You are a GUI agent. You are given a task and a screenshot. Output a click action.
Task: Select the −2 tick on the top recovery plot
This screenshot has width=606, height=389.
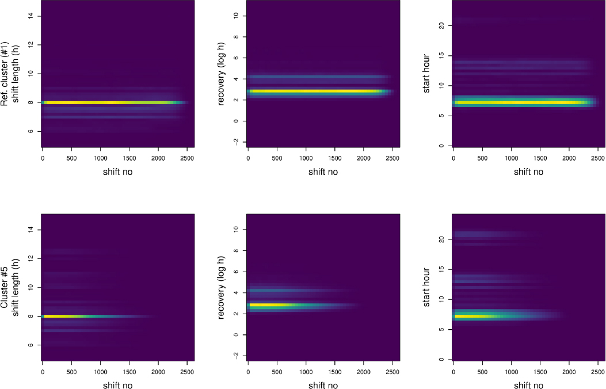tap(237, 141)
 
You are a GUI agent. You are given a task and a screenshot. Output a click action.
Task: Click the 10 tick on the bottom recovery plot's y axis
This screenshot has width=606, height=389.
tap(237, 230)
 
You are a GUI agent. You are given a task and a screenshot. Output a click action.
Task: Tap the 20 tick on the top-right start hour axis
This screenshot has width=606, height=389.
tap(443, 25)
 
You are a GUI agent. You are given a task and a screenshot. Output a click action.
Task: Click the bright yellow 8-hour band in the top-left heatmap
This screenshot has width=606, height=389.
tap(104, 102)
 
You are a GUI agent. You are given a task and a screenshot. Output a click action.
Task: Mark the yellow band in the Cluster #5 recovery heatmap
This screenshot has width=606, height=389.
tap(270, 304)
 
